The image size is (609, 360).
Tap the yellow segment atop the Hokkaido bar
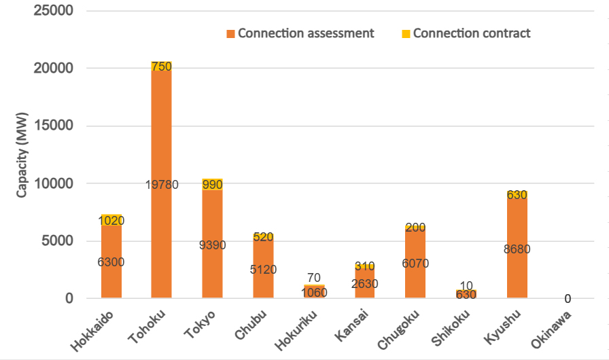coord(111,220)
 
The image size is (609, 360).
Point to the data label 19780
coord(162,185)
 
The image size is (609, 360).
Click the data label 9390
coord(213,245)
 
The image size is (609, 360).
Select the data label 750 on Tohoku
coord(162,67)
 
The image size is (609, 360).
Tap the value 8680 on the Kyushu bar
coord(517,249)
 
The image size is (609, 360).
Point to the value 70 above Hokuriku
coord(313,277)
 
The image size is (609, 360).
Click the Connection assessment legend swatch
coord(230,33)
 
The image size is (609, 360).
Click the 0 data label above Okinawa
coord(568,299)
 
